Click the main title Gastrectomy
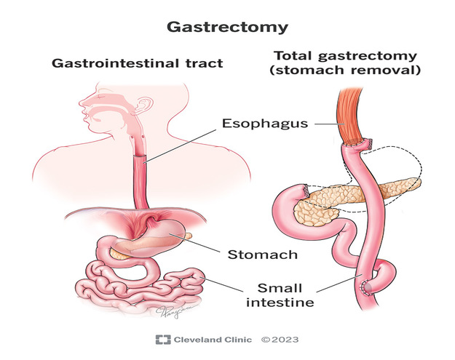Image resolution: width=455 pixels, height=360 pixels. (x=227, y=28)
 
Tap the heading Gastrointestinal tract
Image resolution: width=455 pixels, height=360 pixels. (x=138, y=63)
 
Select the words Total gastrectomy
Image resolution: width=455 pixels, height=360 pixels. (x=345, y=56)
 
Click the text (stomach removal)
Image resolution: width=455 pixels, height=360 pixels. (x=345, y=70)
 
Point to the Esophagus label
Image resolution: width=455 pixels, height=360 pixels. (x=265, y=124)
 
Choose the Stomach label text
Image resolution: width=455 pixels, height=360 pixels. (x=262, y=255)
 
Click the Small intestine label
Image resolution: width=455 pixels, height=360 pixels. (x=280, y=295)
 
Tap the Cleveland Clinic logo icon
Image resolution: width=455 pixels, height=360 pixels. (x=163, y=340)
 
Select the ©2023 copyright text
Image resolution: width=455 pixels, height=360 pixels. (x=280, y=340)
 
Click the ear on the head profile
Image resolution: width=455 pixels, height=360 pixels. (x=144, y=105)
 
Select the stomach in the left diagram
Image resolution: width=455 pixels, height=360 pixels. (x=154, y=238)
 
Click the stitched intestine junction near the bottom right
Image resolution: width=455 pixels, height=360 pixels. (x=365, y=287)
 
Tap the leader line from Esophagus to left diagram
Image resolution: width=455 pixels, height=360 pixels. (x=180, y=146)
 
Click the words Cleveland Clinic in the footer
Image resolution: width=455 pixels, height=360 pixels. (x=213, y=340)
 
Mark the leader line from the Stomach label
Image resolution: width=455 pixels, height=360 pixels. (x=194, y=243)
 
